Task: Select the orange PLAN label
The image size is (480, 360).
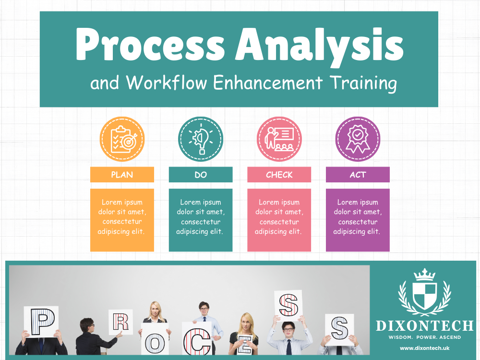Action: [122, 175]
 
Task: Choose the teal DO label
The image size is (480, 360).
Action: [201, 175]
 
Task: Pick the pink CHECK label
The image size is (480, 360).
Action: [279, 175]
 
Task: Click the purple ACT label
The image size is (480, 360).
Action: [358, 175]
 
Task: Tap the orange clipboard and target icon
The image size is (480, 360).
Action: [122, 139]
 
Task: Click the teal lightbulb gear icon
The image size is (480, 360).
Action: [201, 139]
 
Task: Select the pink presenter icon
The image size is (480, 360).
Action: [279, 139]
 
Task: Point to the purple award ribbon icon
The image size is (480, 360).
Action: [358, 139]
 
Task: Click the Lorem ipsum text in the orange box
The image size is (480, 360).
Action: [122, 217]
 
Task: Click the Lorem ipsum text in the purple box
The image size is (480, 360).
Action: [358, 217]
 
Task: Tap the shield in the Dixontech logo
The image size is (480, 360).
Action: [424, 295]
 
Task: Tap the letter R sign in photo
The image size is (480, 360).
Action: [120, 322]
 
